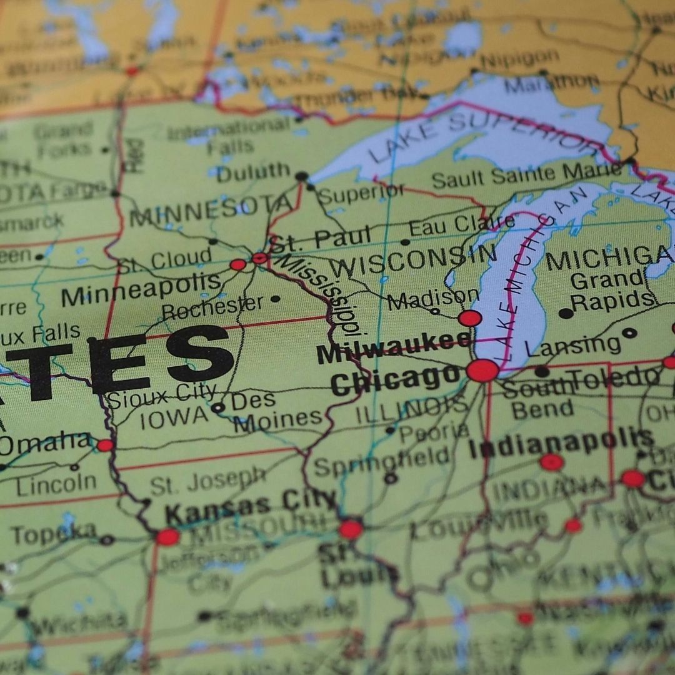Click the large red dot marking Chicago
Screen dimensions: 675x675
(x=482, y=371)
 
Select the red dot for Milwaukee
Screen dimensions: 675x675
(x=470, y=318)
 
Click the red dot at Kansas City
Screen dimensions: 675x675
(x=167, y=537)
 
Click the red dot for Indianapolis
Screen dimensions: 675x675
(x=552, y=462)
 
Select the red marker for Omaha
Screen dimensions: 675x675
(x=105, y=446)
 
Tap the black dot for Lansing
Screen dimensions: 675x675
(x=629, y=333)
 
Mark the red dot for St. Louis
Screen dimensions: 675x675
(x=351, y=529)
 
